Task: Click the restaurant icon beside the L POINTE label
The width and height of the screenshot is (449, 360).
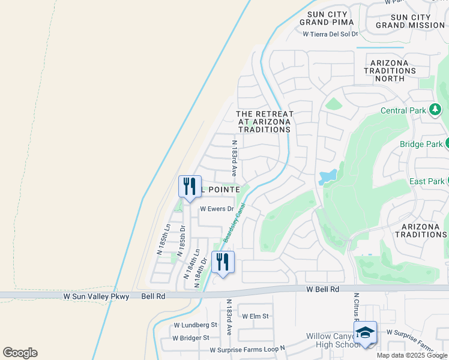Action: [x=190, y=187]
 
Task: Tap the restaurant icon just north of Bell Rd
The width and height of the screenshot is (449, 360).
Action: [x=222, y=263]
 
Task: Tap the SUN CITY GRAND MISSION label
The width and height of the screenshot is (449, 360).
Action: [x=411, y=21]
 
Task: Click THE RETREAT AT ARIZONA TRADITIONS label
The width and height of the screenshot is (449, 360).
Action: [x=265, y=121]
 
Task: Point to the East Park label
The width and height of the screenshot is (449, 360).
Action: [x=426, y=181]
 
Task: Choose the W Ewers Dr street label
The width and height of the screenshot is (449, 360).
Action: [x=216, y=209]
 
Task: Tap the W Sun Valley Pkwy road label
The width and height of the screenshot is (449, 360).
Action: [x=96, y=296]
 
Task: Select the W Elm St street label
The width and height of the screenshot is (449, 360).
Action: [x=256, y=316]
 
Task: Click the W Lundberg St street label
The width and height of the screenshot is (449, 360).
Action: [x=195, y=325]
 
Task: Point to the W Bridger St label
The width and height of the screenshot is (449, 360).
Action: [x=190, y=338]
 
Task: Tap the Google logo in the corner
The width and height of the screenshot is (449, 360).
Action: [x=20, y=353]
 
